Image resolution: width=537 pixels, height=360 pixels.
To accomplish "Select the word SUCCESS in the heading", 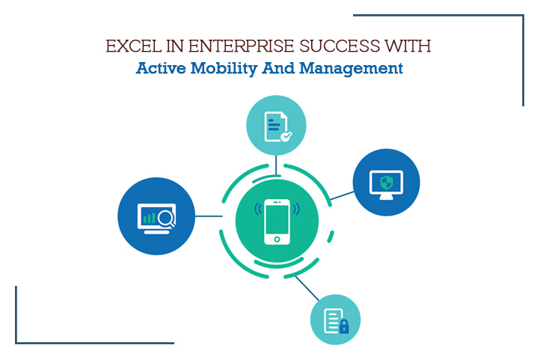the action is [x=340, y=46].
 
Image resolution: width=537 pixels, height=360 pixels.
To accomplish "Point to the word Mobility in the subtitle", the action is [x=224, y=68].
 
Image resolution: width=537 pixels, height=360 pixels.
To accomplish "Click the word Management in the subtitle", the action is [x=351, y=68].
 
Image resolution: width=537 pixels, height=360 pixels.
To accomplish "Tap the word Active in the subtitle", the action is [x=161, y=68].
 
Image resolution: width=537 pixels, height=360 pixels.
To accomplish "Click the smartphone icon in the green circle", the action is [x=277, y=222].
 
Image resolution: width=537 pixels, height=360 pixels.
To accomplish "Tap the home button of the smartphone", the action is [x=277, y=239].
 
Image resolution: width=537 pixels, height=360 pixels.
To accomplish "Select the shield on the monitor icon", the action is [x=387, y=182].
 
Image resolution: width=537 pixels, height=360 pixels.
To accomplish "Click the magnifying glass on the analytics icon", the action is [x=167, y=218].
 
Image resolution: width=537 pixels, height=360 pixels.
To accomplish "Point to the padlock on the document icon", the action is [x=344, y=326].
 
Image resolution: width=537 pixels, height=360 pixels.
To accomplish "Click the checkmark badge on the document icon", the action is [x=286, y=136].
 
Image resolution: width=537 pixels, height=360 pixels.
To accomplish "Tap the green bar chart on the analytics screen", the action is [x=150, y=218].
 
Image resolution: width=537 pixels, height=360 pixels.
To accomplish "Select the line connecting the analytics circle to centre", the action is [x=209, y=216].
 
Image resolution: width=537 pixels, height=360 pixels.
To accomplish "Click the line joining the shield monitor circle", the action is [x=342, y=195].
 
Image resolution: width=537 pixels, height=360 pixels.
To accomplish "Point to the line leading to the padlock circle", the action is [x=307, y=288].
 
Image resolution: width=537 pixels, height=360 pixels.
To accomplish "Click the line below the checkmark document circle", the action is [x=276, y=165].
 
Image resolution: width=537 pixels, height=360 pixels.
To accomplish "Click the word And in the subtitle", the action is [x=278, y=68].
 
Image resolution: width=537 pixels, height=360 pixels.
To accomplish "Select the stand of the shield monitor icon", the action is [x=387, y=197].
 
